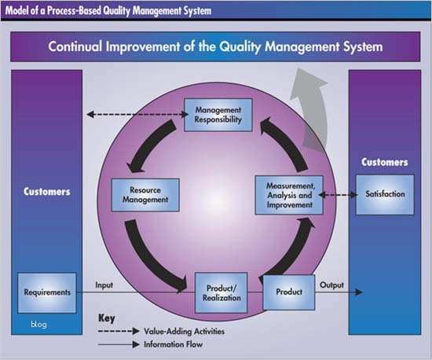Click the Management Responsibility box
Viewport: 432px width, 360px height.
point(218,115)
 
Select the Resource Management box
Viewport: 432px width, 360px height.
point(145,195)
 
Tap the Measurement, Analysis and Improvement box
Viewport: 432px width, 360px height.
point(289,194)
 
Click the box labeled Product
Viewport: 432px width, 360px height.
point(289,292)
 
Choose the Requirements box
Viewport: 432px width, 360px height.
point(46,292)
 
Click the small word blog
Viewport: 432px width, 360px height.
point(39,324)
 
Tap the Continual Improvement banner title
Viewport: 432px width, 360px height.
point(215,46)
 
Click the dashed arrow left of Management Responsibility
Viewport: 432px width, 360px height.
point(133,115)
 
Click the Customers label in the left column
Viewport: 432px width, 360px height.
point(46,191)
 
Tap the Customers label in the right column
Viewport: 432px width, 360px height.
point(384,163)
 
